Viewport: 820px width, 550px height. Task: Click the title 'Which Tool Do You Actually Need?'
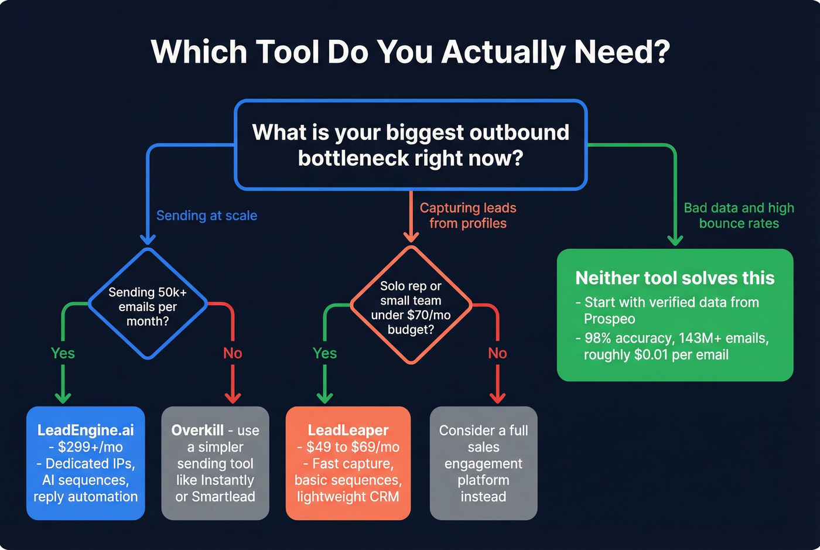pos(410,52)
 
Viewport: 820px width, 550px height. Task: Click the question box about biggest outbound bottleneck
pos(411,145)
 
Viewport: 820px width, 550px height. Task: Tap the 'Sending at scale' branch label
pos(207,216)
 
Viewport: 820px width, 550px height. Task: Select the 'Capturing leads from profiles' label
pos(468,216)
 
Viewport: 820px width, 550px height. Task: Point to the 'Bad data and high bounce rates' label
pos(739,216)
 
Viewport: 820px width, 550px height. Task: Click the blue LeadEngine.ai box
pos(86,463)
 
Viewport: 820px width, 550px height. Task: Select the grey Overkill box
pos(215,463)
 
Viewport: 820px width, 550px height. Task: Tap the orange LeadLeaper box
pos(348,463)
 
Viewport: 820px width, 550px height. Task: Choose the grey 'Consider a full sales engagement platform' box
pos(483,463)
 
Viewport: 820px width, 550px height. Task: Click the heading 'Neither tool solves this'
pos(675,278)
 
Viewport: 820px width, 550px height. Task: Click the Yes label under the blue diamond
pos(63,353)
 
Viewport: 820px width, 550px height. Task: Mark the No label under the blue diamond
pos(233,353)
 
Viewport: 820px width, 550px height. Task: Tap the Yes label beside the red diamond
pos(324,353)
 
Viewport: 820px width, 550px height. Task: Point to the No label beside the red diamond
pos(497,353)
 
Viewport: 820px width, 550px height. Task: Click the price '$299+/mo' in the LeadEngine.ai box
pos(90,447)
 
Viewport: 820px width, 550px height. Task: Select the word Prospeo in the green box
pos(609,319)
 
